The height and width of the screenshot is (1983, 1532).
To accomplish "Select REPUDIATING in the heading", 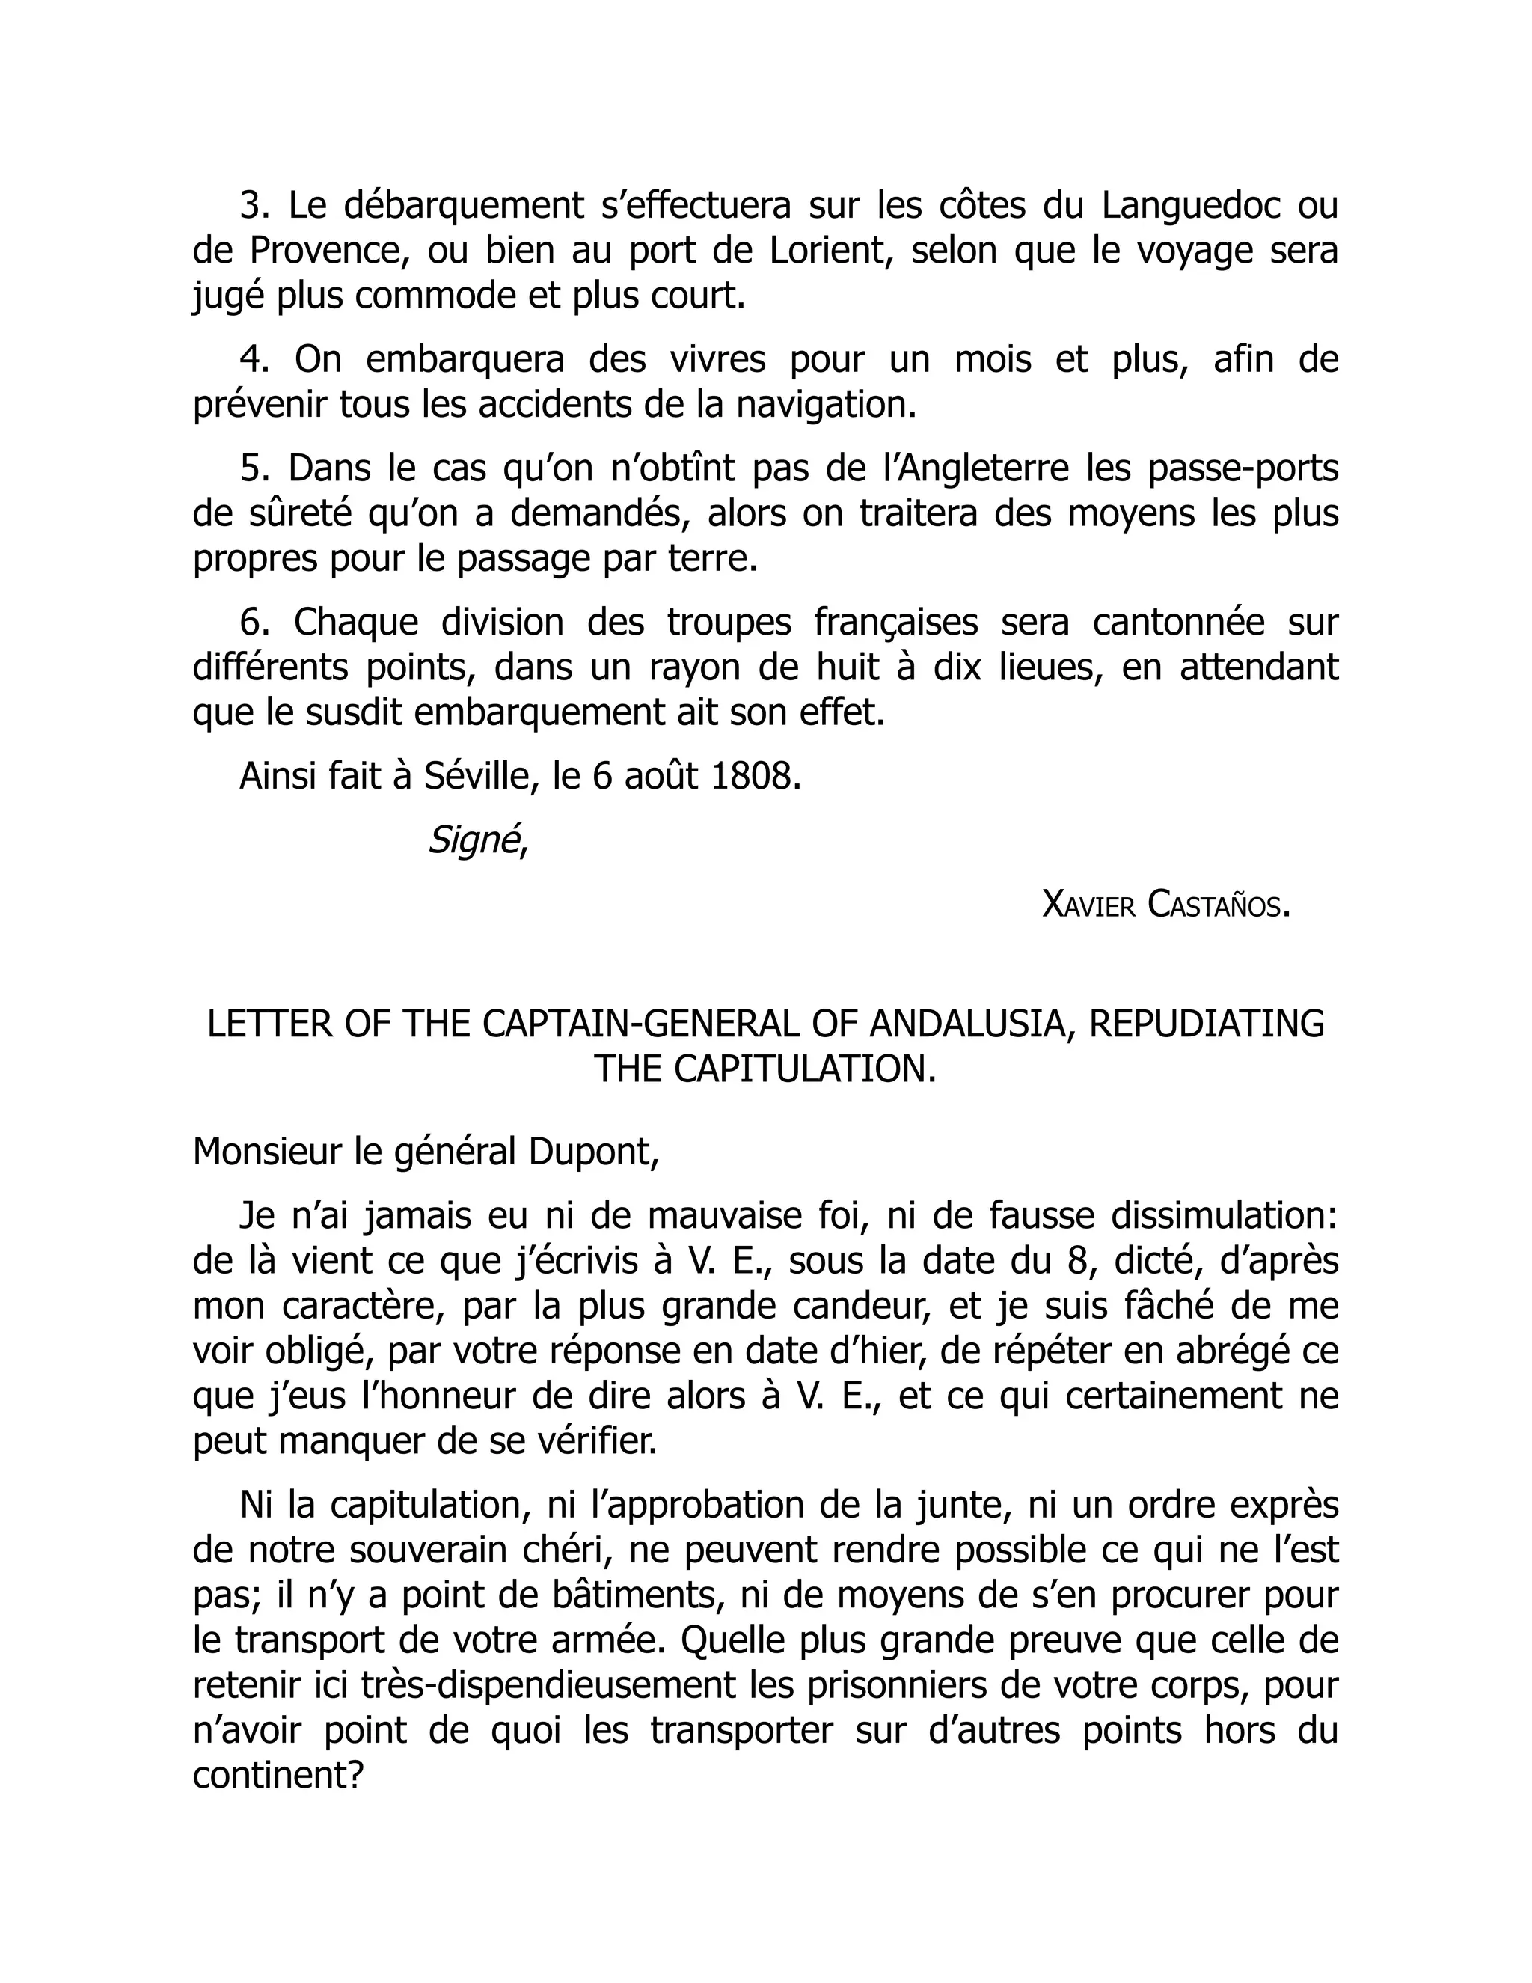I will [1206, 1024].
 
